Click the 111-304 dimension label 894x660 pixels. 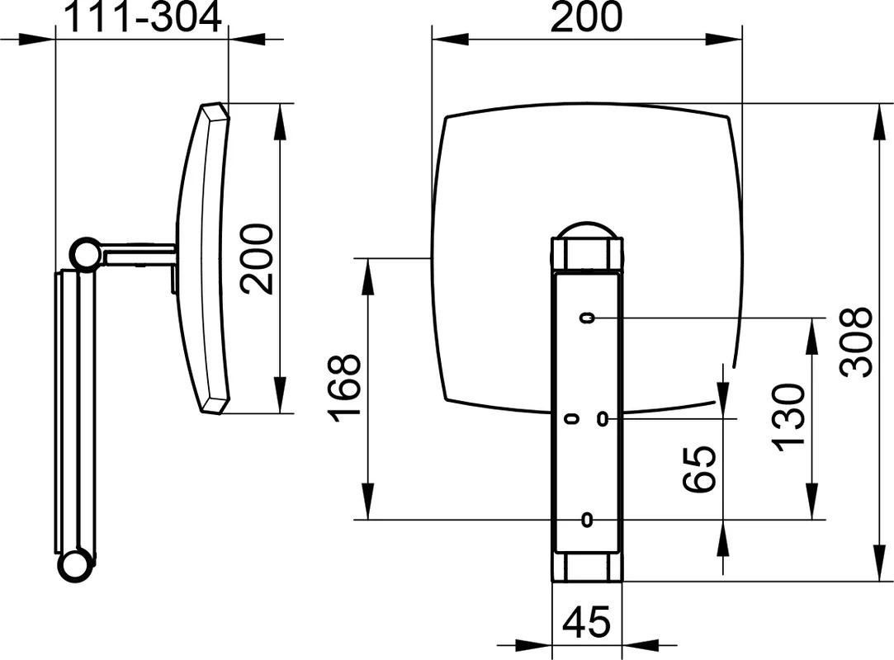[144, 17]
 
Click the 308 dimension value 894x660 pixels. [856, 342]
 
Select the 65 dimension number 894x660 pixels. [699, 469]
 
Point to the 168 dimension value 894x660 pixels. [344, 388]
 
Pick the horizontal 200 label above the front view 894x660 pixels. [587, 17]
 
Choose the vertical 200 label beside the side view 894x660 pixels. [256, 259]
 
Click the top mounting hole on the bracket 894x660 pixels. [587, 318]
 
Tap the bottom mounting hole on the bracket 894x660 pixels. [586, 520]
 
